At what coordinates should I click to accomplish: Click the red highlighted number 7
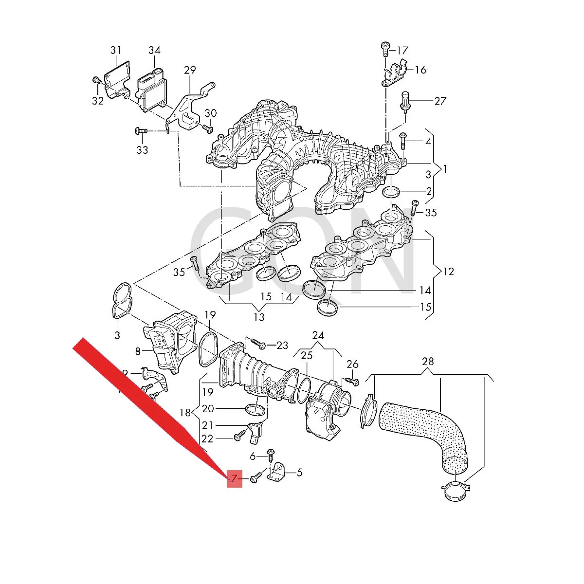(x=234, y=479)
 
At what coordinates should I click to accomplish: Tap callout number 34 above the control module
(x=154, y=50)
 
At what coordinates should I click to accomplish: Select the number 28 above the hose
(x=428, y=362)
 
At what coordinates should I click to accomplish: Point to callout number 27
(x=440, y=101)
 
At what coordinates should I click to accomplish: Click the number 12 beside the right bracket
(x=448, y=272)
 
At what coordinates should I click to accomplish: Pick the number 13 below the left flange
(x=259, y=317)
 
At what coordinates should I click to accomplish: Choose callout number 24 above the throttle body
(x=318, y=335)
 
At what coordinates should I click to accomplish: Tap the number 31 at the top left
(x=115, y=50)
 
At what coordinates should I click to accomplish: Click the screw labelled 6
(x=271, y=455)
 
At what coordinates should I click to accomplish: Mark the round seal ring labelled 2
(x=392, y=192)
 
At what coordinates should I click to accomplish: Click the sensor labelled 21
(x=255, y=432)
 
